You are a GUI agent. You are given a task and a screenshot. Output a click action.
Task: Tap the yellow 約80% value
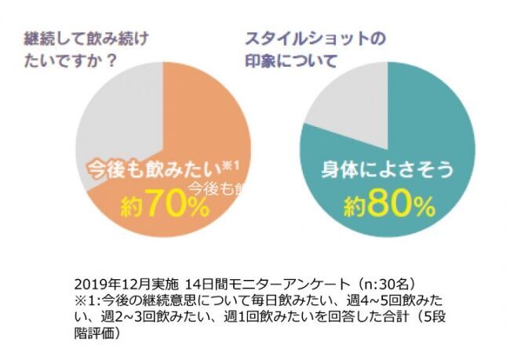(x=388, y=205)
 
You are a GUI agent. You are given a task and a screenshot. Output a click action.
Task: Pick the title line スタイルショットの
(x=305, y=38)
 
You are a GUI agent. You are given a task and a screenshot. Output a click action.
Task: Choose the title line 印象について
(x=291, y=60)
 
